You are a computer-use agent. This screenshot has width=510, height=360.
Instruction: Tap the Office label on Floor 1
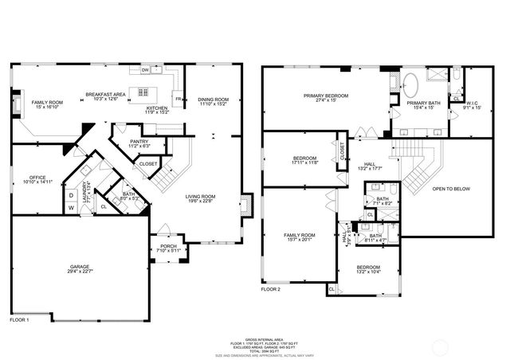point(37,177)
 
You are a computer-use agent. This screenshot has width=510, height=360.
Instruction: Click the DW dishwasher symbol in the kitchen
point(146,70)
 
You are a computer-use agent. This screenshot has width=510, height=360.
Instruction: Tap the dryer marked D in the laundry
point(71,194)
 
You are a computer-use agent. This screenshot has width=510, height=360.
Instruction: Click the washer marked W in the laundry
point(71,209)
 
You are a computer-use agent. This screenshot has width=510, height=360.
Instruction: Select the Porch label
point(168,246)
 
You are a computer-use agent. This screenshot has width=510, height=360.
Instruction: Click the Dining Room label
point(213,99)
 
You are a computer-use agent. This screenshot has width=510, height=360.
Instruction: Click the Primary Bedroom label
point(326,96)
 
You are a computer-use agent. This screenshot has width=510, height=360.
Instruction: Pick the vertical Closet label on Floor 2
point(343,151)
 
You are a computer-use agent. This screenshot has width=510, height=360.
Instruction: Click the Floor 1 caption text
point(20,319)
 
